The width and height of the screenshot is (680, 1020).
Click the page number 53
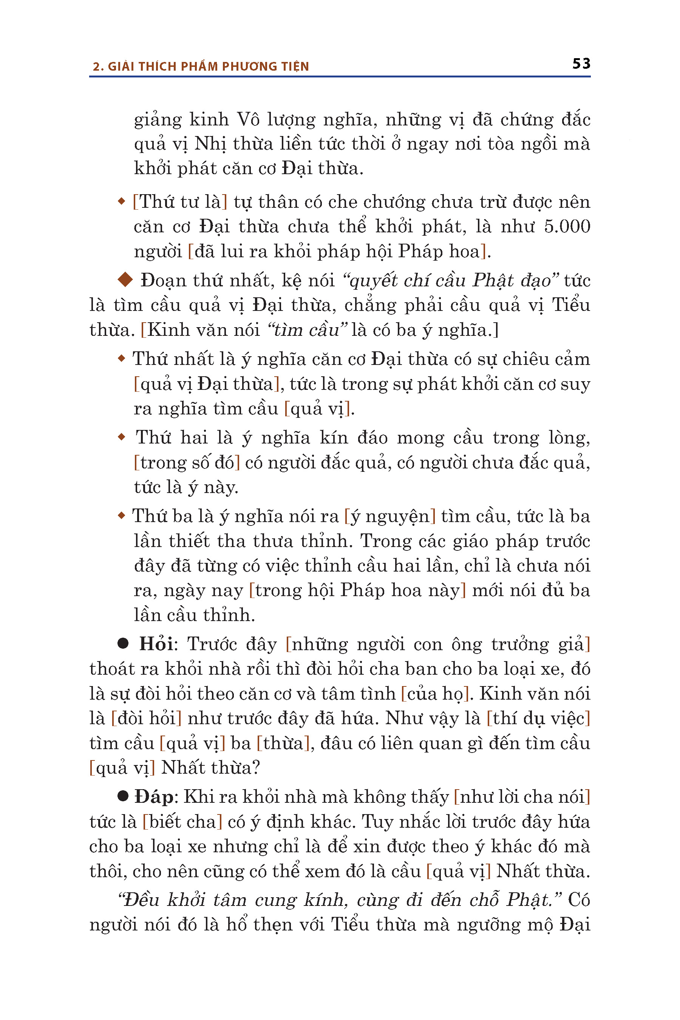[581, 64]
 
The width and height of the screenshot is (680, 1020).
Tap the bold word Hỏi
[156, 644]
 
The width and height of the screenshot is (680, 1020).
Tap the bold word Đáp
[153, 797]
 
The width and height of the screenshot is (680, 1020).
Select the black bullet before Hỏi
[123, 643]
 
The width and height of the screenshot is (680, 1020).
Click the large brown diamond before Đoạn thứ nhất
[125, 280]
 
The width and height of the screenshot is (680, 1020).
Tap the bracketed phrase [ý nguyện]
[390, 516]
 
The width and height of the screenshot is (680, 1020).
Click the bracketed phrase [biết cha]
[182, 822]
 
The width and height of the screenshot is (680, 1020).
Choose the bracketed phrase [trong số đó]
[187, 463]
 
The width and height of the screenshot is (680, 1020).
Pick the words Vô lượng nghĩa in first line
[304, 120]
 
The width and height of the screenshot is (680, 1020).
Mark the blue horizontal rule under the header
[340, 77]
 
